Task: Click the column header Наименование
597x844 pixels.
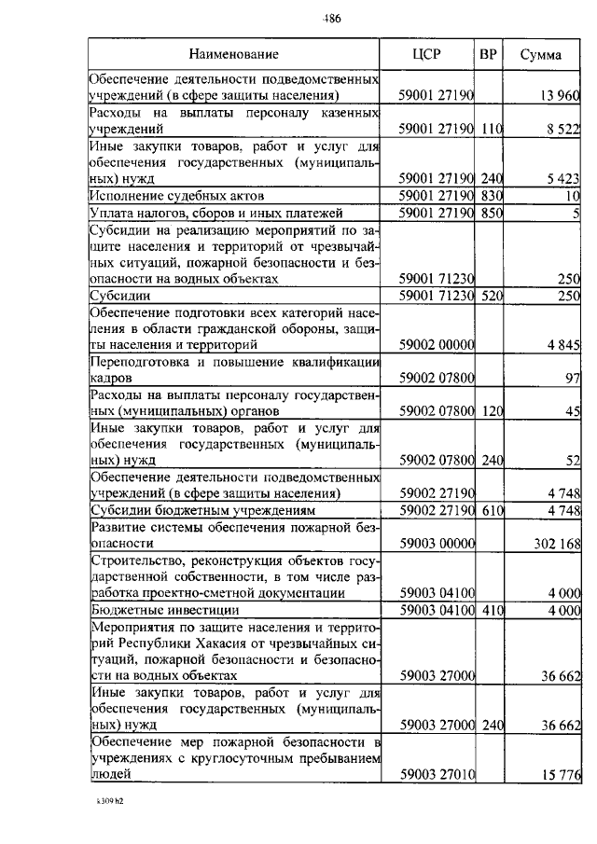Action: pyautogui.click(x=233, y=55)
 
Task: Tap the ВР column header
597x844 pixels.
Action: pyautogui.click(x=487, y=55)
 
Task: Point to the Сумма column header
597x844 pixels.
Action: pyautogui.click(x=541, y=55)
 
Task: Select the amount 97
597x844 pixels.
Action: pyautogui.click(x=573, y=380)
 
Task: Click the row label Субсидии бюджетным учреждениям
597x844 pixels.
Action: pyautogui.click(x=201, y=511)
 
